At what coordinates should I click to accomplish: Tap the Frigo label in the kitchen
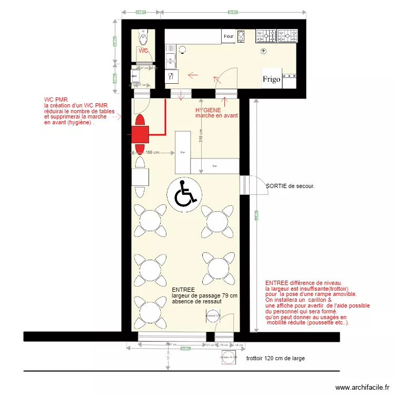pos(272,80)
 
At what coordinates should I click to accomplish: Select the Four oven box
pos(229,36)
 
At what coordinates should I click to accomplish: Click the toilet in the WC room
pos(143,37)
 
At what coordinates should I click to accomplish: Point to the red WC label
pos(143,51)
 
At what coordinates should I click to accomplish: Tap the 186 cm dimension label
pos(152,153)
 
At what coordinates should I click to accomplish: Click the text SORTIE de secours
pos(290,186)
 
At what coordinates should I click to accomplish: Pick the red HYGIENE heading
pos(208,110)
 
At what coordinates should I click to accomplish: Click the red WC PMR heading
pos(56,99)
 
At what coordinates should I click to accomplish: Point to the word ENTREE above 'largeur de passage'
pos(183,290)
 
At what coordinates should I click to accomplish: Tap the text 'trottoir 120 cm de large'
pos(275,359)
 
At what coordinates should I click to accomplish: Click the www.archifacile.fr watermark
pos(363,387)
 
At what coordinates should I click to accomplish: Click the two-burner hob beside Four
pos(241,36)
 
